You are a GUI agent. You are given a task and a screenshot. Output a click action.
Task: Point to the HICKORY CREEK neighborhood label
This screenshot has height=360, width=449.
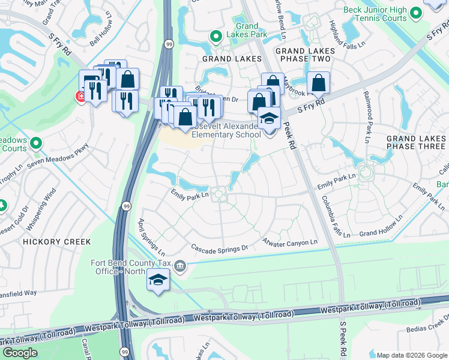(x=56, y=242)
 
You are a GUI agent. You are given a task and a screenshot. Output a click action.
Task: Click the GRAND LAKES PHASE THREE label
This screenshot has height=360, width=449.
(x=417, y=142)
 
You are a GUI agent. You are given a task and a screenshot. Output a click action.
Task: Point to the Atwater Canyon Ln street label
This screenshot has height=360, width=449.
(x=289, y=242)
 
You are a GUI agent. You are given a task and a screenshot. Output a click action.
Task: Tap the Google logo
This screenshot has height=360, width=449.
(x=20, y=353)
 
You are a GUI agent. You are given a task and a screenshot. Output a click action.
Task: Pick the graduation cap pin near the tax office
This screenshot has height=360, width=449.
(x=158, y=280)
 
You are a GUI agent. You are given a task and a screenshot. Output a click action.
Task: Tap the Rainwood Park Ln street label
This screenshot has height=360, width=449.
(x=365, y=118)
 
